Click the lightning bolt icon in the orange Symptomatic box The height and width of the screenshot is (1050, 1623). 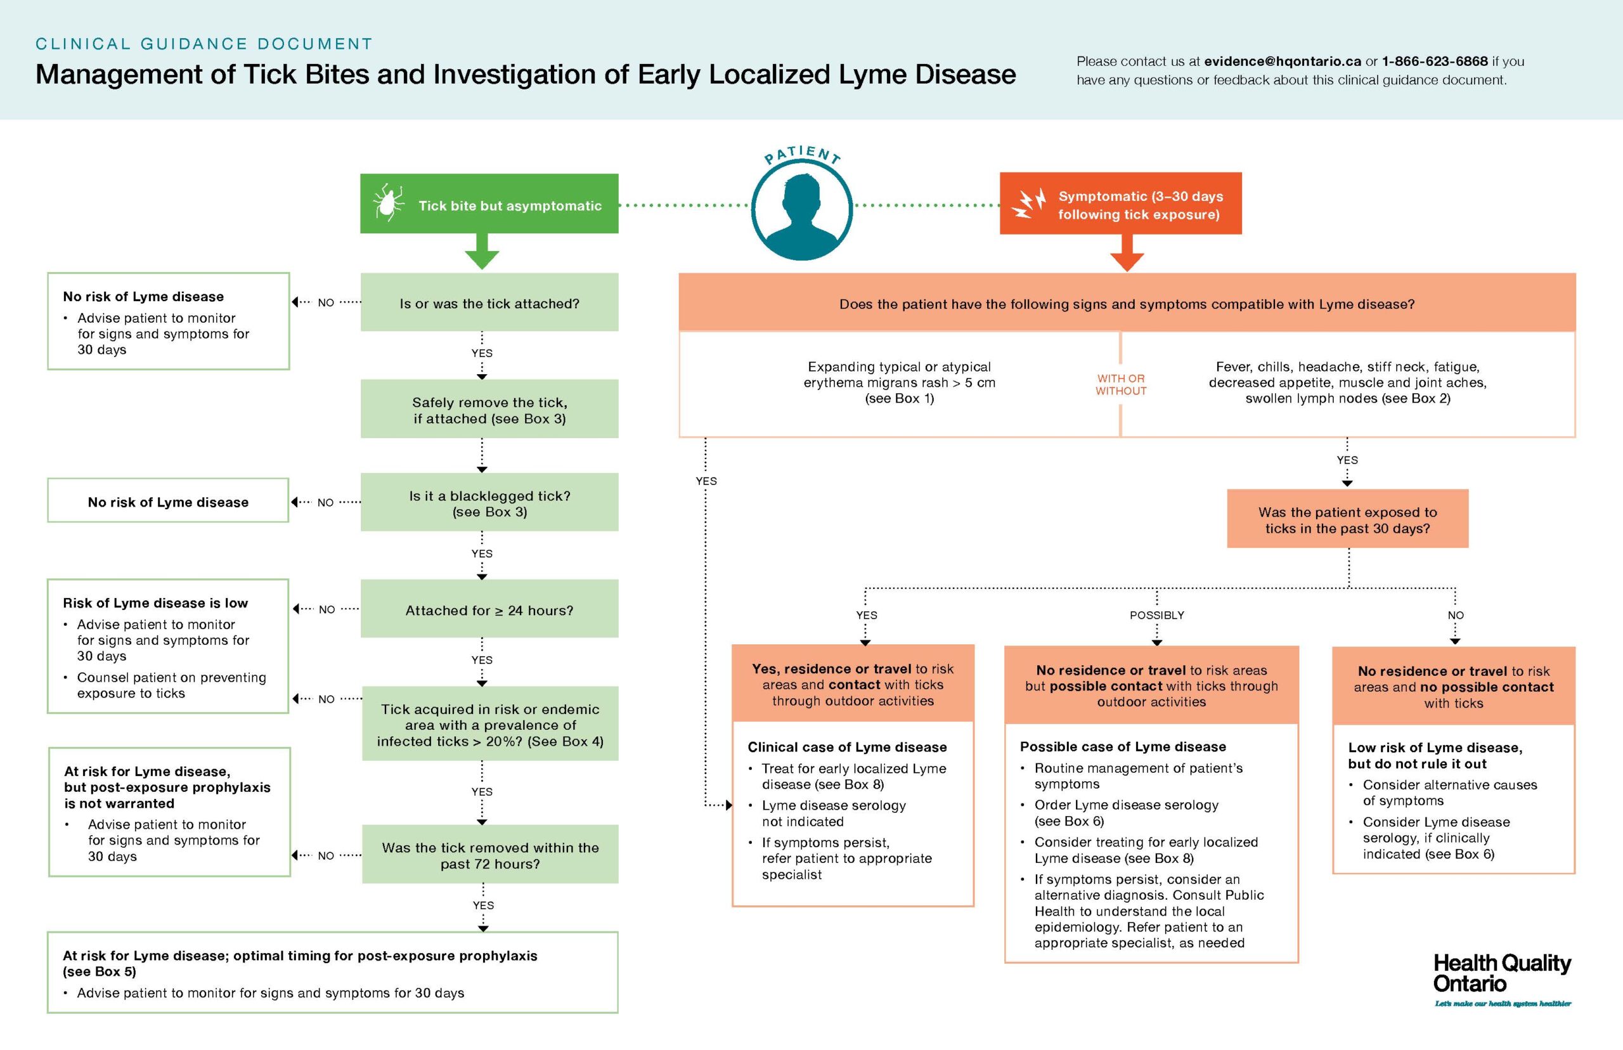click(x=1028, y=204)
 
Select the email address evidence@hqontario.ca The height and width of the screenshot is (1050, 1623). click(x=1282, y=62)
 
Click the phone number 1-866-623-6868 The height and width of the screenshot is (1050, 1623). click(x=1434, y=62)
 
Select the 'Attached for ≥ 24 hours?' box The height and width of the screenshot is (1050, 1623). click(x=489, y=609)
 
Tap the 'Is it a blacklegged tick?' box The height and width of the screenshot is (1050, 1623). click(x=489, y=503)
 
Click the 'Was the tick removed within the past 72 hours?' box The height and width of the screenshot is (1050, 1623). click(x=490, y=855)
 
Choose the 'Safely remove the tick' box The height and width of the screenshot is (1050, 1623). click(x=489, y=410)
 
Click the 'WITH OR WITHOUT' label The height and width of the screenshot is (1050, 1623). click(x=1121, y=384)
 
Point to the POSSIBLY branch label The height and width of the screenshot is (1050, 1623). click(x=1157, y=615)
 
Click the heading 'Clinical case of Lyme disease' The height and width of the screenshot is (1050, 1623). click(x=846, y=746)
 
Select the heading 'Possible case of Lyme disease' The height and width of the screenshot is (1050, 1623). click(x=1122, y=746)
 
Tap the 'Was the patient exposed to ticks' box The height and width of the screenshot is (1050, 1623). click(x=1347, y=519)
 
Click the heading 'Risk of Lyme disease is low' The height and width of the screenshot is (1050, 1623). click(x=155, y=603)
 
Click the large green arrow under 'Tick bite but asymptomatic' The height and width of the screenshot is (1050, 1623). click(x=482, y=252)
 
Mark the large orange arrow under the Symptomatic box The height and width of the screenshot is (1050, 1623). click(x=1127, y=253)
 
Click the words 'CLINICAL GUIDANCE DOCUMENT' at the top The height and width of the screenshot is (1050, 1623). click(x=204, y=44)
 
